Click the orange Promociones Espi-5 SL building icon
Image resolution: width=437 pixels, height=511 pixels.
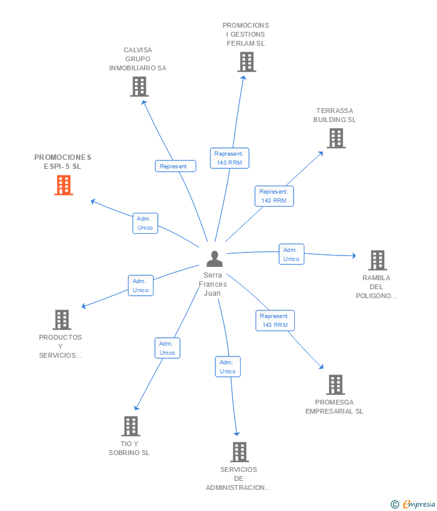pos(64,185)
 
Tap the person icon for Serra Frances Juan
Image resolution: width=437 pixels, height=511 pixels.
pos(214,259)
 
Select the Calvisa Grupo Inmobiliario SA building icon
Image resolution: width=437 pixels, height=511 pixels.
pos(139,87)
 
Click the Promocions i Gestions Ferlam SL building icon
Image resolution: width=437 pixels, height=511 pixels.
pos(247,62)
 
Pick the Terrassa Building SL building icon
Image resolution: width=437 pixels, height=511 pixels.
pos(336,138)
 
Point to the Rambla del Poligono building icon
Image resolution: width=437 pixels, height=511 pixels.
pos(378,260)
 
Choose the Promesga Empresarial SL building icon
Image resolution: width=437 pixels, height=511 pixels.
pos(336,385)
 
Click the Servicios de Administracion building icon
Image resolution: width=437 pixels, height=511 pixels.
pos(240,452)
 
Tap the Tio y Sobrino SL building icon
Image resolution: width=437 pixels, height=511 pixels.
pos(131,426)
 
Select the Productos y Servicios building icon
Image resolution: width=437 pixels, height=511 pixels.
pos(62,320)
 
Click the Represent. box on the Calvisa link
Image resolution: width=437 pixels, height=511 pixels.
pos(175,166)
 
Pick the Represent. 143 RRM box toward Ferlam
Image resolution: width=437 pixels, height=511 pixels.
pos(230,158)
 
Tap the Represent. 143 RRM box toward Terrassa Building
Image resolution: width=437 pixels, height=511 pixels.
pos(274,196)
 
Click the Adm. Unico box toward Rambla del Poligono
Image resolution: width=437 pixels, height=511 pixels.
pos(292,254)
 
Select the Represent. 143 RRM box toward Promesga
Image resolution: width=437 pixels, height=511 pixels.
pos(276,320)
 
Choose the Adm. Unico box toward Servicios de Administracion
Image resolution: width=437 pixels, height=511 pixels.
pos(228,367)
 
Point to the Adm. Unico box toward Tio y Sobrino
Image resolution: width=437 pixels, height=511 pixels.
pos(167,348)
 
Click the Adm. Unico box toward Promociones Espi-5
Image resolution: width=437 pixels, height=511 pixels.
pos(145,223)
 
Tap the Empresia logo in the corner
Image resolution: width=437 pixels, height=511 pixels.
pos(413,504)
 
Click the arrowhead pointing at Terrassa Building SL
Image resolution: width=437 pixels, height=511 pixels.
pos(321,153)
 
